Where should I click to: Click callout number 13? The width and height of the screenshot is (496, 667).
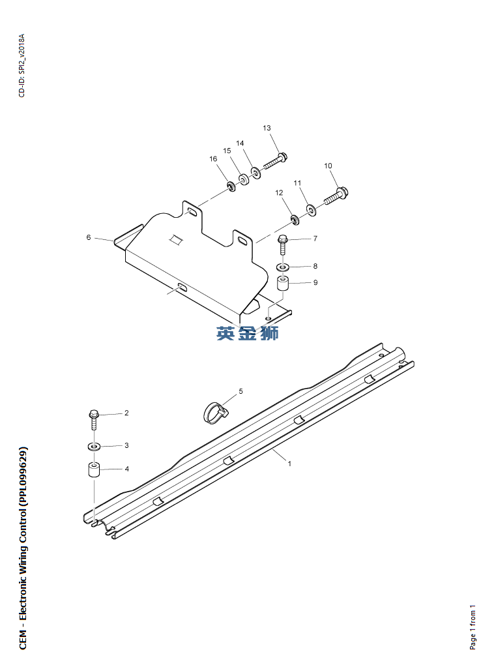(267, 128)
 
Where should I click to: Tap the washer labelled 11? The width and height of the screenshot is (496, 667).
(310, 209)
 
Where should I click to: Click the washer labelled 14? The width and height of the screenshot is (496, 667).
(255, 173)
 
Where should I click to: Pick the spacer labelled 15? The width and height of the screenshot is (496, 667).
(242, 179)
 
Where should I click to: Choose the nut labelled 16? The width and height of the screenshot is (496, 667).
(231, 188)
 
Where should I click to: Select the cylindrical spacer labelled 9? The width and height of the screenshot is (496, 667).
(283, 285)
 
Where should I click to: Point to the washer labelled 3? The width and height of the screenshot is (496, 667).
(93, 447)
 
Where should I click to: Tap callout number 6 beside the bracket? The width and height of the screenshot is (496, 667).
(89, 238)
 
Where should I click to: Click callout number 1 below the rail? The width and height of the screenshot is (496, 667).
(289, 464)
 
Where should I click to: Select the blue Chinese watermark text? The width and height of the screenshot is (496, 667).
(248, 333)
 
